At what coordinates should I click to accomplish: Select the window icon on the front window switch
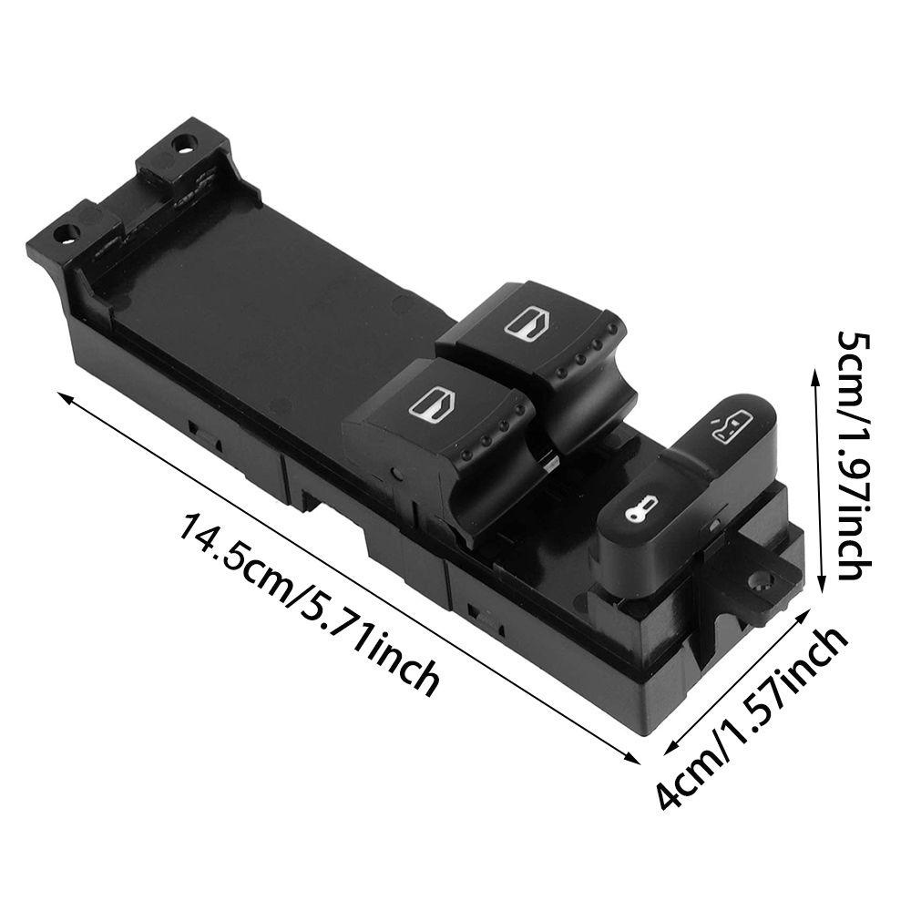427,405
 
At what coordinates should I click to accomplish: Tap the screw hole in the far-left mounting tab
65,233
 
